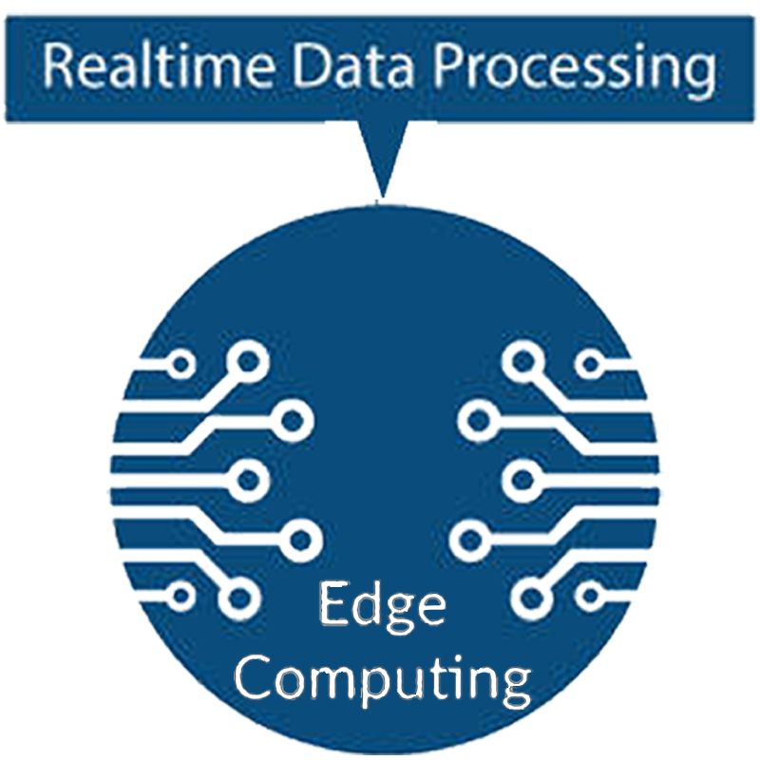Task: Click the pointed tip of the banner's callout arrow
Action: pos(382,196)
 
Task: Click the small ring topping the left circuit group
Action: pos(180,363)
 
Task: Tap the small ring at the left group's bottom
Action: pos(180,596)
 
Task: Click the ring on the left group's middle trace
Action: pos(247,479)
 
